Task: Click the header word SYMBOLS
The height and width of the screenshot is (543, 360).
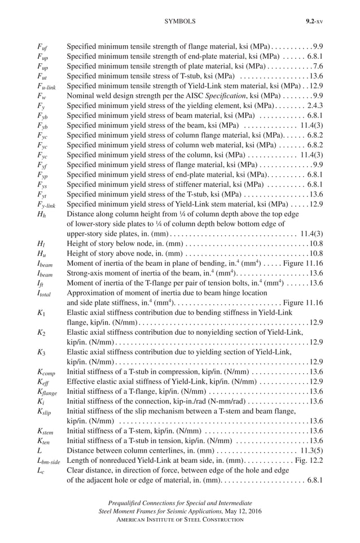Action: [x=179, y=21]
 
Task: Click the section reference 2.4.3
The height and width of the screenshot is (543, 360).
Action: [x=314, y=106]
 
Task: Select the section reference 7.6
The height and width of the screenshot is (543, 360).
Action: [x=318, y=66]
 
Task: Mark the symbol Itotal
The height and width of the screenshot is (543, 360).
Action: [x=45, y=293]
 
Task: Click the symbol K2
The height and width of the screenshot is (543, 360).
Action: [x=41, y=332]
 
